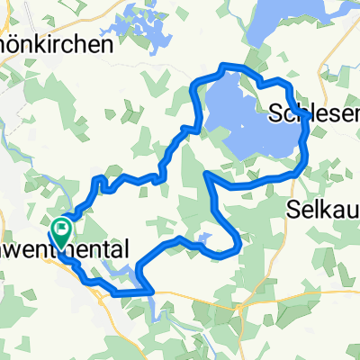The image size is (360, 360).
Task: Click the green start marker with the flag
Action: point(62,229)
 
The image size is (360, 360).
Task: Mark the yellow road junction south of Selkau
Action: point(243,307)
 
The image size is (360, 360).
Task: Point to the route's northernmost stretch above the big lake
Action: point(234,66)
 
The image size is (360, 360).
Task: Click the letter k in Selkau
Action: point(325,209)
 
